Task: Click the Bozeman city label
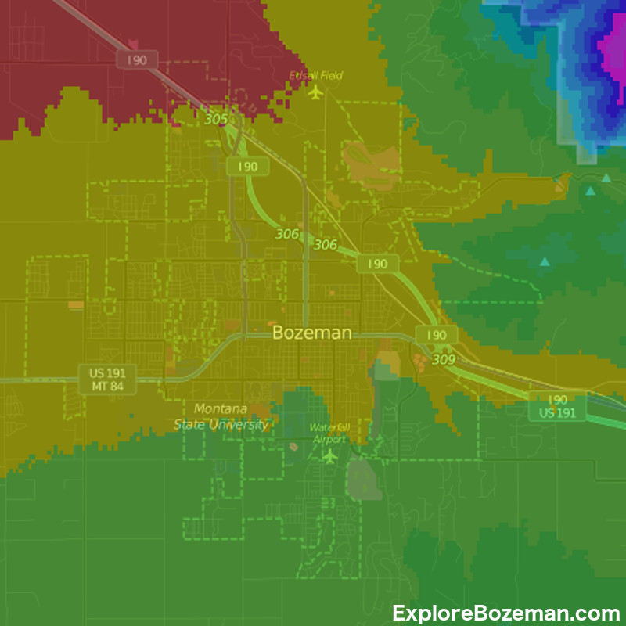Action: [311, 333]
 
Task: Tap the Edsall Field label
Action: [315, 76]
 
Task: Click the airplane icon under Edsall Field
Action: [315, 93]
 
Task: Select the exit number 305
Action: [216, 120]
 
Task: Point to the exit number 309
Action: [443, 360]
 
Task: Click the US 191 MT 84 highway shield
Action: [107, 380]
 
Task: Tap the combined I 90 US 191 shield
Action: [557, 407]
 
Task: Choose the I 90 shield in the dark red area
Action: [137, 59]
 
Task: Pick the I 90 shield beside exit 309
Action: [437, 336]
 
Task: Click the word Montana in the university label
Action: [221, 409]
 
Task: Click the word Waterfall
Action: [329, 428]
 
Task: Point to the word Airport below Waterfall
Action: [329, 439]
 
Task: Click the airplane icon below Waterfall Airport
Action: [330, 455]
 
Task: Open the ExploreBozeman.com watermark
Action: [505, 613]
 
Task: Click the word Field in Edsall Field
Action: [330, 76]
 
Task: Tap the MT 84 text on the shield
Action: [107, 387]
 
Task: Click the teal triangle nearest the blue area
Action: [591, 190]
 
